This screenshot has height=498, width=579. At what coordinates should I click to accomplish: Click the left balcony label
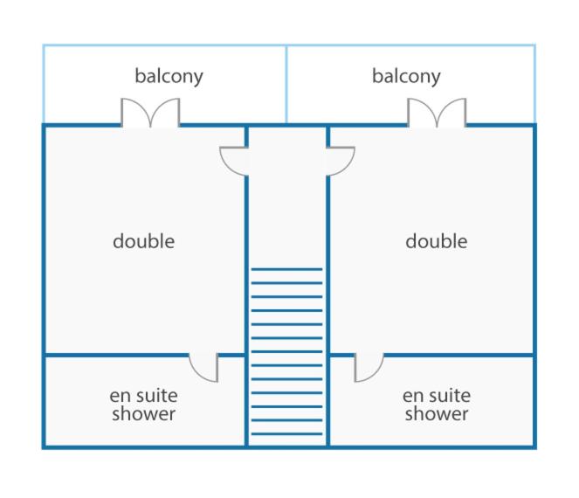pyautogui.click(x=169, y=77)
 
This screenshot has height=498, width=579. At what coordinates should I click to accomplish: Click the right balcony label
pyautogui.click(x=406, y=77)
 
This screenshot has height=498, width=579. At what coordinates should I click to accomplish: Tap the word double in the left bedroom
pyautogui.click(x=143, y=241)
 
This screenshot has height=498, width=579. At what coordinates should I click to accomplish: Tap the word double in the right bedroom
pyautogui.click(x=437, y=241)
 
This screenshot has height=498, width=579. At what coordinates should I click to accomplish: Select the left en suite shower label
pyautogui.click(x=143, y=405)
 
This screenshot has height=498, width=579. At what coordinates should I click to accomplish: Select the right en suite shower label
pyautogui.click(x=437, y=405)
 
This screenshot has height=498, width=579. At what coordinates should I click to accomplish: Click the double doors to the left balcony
pyautogui.click(x=150, y=113)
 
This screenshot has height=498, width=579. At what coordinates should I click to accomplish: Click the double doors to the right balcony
pyautogui.click(x=437, y=113)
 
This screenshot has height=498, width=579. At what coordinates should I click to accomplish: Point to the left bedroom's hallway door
pyautogui.click(x=234, y=162)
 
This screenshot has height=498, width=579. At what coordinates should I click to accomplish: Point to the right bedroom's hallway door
pyautogui.click(x=341, y=162)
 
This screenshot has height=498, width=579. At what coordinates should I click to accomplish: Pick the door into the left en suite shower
pyautogui.click(x=203, y=368)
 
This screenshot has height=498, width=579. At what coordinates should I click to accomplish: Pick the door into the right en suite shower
pyautogui.click(x=369, y=368)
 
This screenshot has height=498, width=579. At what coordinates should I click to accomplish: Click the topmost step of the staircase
pyautogui.click(x=287, y=269)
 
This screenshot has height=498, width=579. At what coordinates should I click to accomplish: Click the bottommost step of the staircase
pyautogui.click(x=287, y=433)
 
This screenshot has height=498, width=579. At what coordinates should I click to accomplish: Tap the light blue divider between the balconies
pyautogui.click(x=286, y=84)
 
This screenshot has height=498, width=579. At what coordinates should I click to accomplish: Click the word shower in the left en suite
pyautogui.click(x=143, y=413)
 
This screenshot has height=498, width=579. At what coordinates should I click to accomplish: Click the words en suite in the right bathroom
pyautogui.click(x=437, y=396)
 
